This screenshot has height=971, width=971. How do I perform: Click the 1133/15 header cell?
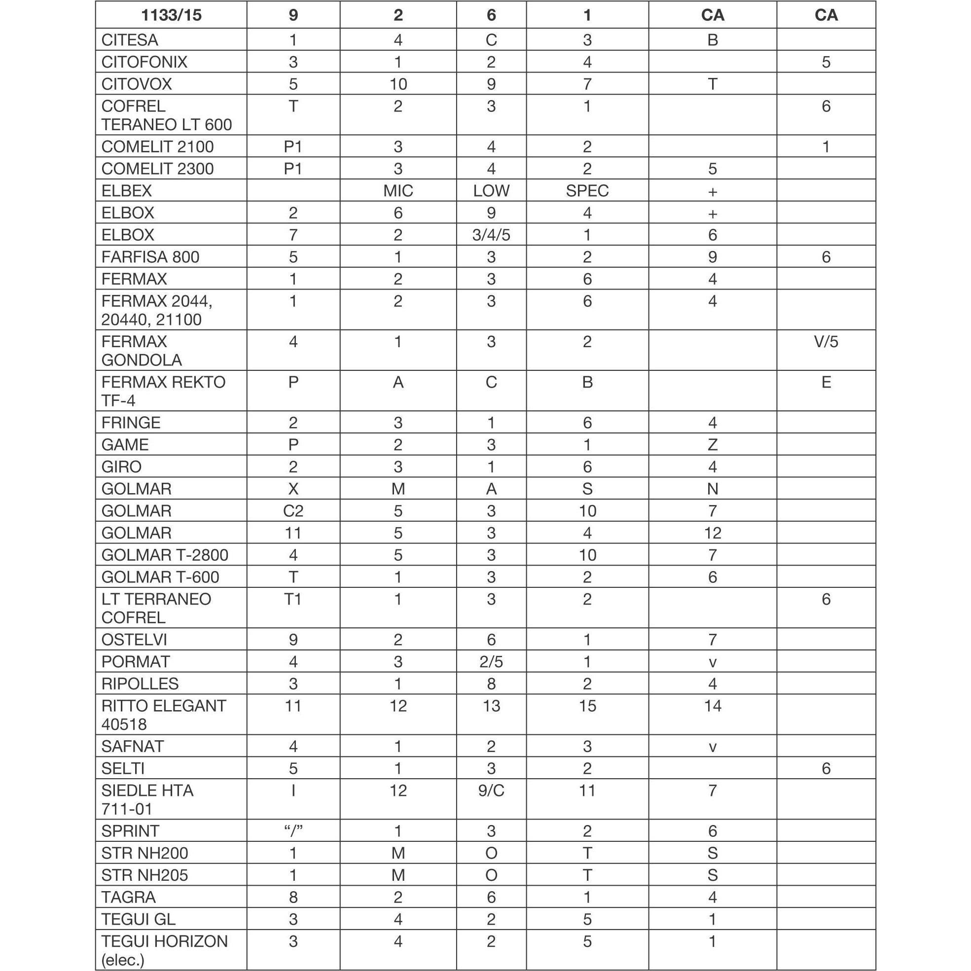[x=171, y=15]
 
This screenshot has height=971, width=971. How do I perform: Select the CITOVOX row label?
[x=136, y=84]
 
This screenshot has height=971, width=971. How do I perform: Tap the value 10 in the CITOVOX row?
[x=398, y=84]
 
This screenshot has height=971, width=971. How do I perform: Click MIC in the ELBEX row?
[x=398, y=191]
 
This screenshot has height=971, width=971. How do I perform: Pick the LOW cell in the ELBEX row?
[x=491, y=191]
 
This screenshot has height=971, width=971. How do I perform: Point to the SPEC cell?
[x=587, y=191]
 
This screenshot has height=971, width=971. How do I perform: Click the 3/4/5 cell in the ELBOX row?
[x=491, y=235]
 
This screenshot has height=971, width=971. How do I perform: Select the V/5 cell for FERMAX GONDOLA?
[x=826, y=342]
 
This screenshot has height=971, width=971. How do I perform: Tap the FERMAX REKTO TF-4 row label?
[x=163, y=391]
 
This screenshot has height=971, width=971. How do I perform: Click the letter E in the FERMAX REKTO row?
[x=826, y=383]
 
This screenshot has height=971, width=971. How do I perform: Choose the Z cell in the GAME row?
[x=712, y=445]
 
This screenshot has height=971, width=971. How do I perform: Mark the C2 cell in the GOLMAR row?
[x=293, y=511]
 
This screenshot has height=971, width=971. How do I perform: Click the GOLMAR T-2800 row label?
[x=164, y=555]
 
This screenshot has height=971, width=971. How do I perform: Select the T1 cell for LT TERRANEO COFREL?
[x=293, y=600]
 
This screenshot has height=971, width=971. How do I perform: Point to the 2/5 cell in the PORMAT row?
[x=491, y=662]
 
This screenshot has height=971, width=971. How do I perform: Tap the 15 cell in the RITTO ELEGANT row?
[x=587, y=706]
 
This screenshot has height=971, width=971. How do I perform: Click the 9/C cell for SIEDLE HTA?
[x=491, y=791]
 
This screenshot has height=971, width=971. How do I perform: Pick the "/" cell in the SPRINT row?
[x=293, y=831]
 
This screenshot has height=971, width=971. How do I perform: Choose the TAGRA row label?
[x=128, y=897]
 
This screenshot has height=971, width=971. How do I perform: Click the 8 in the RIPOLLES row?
[x=491, y=684]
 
